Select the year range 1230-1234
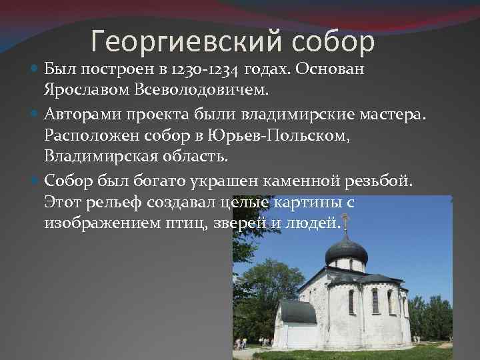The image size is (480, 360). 203,69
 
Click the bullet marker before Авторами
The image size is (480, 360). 35,118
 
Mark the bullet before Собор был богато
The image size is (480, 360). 35,181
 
